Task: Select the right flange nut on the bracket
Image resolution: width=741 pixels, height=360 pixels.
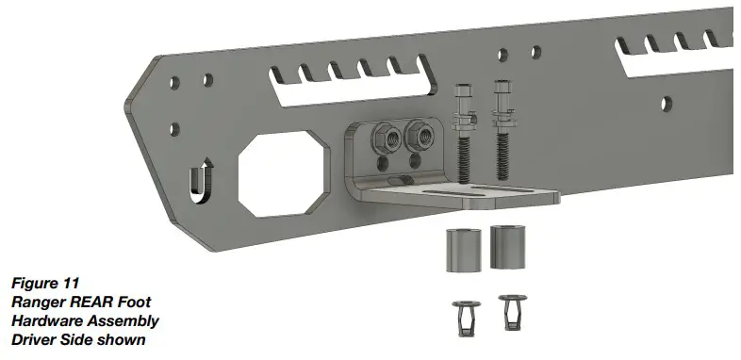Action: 414,138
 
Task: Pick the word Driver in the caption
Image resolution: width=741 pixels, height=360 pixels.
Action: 35,339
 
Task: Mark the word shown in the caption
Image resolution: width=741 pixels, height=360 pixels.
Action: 123,339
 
